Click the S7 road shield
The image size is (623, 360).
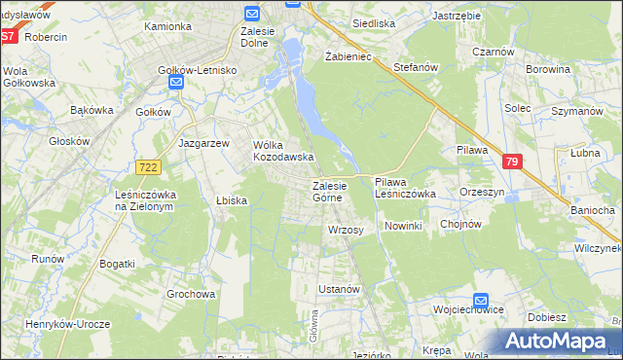click(8, 36)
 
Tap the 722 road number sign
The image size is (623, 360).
click(149, 167)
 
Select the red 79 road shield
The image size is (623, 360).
click(513, 162)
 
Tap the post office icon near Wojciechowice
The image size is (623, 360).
click(481, 302)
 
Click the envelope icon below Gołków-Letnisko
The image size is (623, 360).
click(176, 84)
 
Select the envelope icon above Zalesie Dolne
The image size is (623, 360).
click(251, 14)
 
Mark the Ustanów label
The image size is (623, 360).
click(341, 290)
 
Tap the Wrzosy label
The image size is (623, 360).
click(346, 231)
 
